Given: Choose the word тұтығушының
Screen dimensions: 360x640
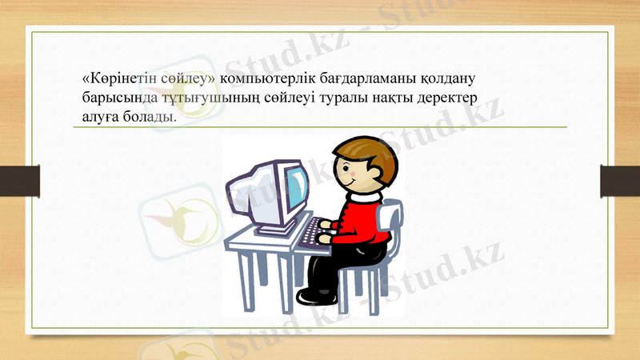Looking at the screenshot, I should [x=201, y=98].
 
